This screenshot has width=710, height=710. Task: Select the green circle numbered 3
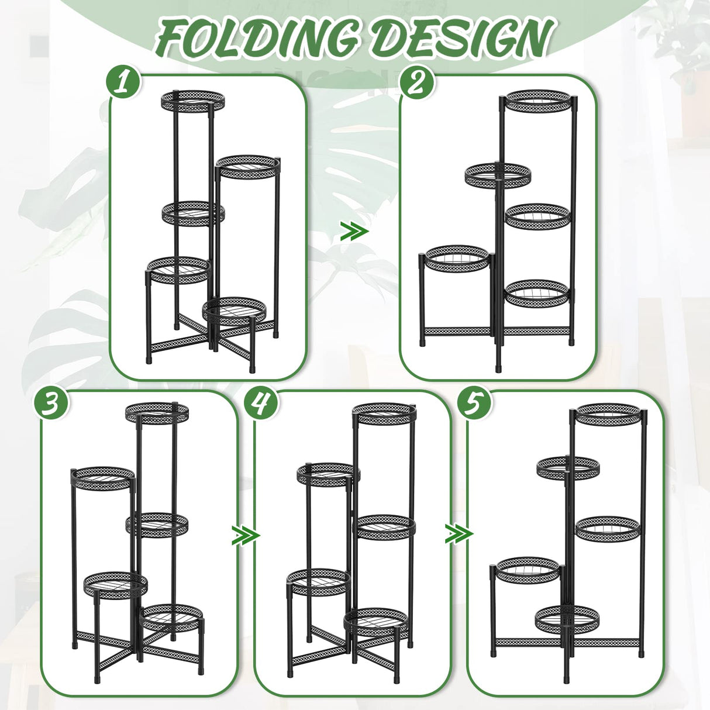pos(51,404)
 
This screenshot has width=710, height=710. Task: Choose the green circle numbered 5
pos(474,404)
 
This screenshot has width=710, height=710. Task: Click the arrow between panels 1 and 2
pos(354,232)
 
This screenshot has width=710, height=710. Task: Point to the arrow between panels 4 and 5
pos(459,533)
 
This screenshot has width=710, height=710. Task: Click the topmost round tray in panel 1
pos(194,100)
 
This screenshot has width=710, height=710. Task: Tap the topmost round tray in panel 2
pos(538,100)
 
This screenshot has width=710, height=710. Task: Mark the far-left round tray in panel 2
pos(457,258)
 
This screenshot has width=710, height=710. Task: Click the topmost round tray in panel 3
pos(157,413)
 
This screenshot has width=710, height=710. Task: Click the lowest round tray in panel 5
pos(567,619)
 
